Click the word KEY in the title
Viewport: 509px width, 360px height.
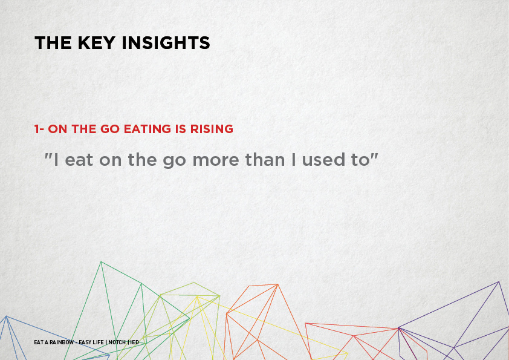pyautogui.click(x=96, y=43)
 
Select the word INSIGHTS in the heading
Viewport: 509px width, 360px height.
pyautogui.click(x=166, y=43)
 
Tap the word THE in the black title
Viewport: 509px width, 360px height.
pyautogui.click(x=53, y=43)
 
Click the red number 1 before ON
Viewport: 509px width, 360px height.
pyautogui.click(x=37, y=129)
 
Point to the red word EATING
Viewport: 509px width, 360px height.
pyautogui.click(x=148, y=129)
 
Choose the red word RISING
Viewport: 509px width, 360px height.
pyautogui.click(x=212, y=129)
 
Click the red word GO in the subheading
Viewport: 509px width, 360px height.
pyautogui.click(x=110, y=129)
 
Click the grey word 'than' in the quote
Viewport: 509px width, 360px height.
pyautogui.click(x=265, y=160)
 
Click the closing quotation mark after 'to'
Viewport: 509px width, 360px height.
pyautogui.click(x=374, y=155)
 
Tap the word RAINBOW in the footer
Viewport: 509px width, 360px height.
pyautogui.click(x=62, y=342)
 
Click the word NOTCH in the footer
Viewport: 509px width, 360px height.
pyautogui.click(x=117, y=342)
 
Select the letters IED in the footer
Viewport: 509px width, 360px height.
pyautogui.click(x=134, y=342)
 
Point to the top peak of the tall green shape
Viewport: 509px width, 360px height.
pyautogui.click(x=102, y=262)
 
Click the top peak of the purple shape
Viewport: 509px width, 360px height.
pyautogui.click(x=499, y=282)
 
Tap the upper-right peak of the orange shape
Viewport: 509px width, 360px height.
pyautogui.click(x=277, y=284)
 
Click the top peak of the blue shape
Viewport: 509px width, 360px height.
pyautogui.click(x=6, y=316)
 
